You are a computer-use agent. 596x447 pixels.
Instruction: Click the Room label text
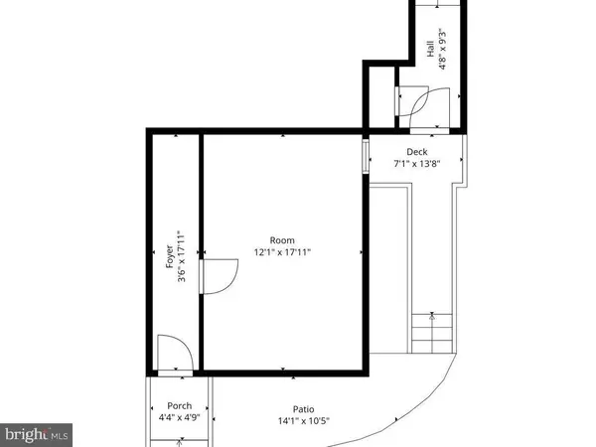click(282, 240)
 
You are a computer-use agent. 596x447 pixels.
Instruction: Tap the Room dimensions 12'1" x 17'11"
click(282, 253)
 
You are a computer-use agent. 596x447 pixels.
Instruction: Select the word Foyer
click(169, 260)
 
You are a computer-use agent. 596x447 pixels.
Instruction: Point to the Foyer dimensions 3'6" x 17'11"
click(182, 260)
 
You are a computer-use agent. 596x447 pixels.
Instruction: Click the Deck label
click(415, 152)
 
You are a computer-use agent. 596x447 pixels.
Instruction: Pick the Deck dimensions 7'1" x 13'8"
click(415, 164)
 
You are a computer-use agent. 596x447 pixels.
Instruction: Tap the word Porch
click(179, 405)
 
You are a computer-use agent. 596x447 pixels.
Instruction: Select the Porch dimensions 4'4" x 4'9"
click(179, 417)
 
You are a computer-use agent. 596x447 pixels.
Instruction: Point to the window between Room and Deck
click(366, 154)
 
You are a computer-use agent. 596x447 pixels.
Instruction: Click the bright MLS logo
click(37, 433)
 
